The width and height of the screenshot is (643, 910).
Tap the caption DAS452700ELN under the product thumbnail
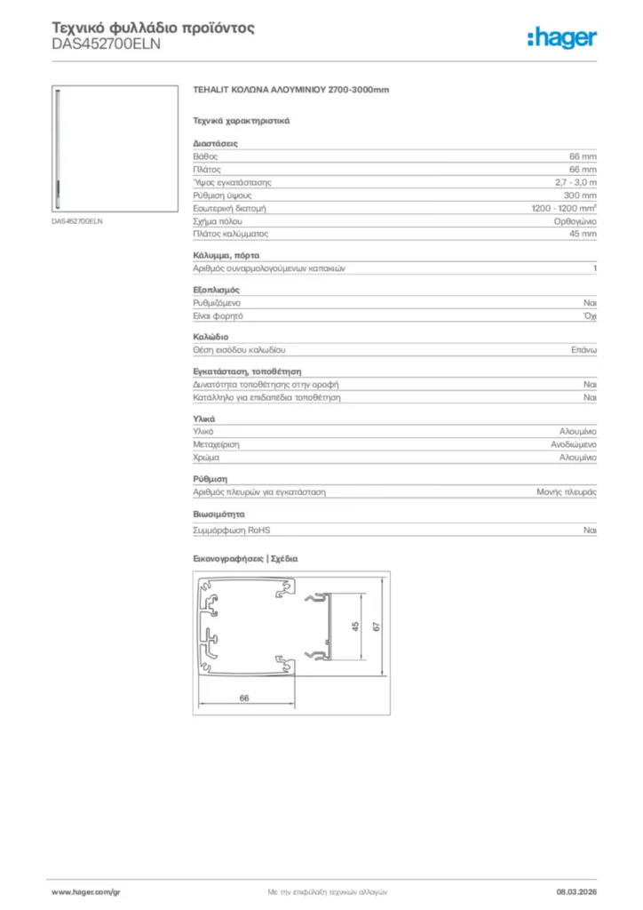click(x=77, y=220)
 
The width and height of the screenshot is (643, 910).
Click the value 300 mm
click(x=580, y=195)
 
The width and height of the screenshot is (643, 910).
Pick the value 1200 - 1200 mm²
click(x=563, y=208)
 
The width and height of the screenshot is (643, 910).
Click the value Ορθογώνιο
click(x=575, y=220)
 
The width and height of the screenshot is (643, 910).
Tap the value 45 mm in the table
click(x=583, y=234)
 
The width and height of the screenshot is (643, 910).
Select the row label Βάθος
click(x=205, y=156)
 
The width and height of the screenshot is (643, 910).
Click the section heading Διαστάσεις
click(x=215, y=142)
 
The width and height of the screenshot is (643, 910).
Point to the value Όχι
click(x=589, y=315)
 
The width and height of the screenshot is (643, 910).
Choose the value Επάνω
click(x=583, y=350)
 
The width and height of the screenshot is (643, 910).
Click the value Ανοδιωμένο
click(x=573, y=443)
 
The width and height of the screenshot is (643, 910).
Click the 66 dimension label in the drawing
click(x=244, y=698)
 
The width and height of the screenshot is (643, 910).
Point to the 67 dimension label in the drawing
click(x=377, y=627)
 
